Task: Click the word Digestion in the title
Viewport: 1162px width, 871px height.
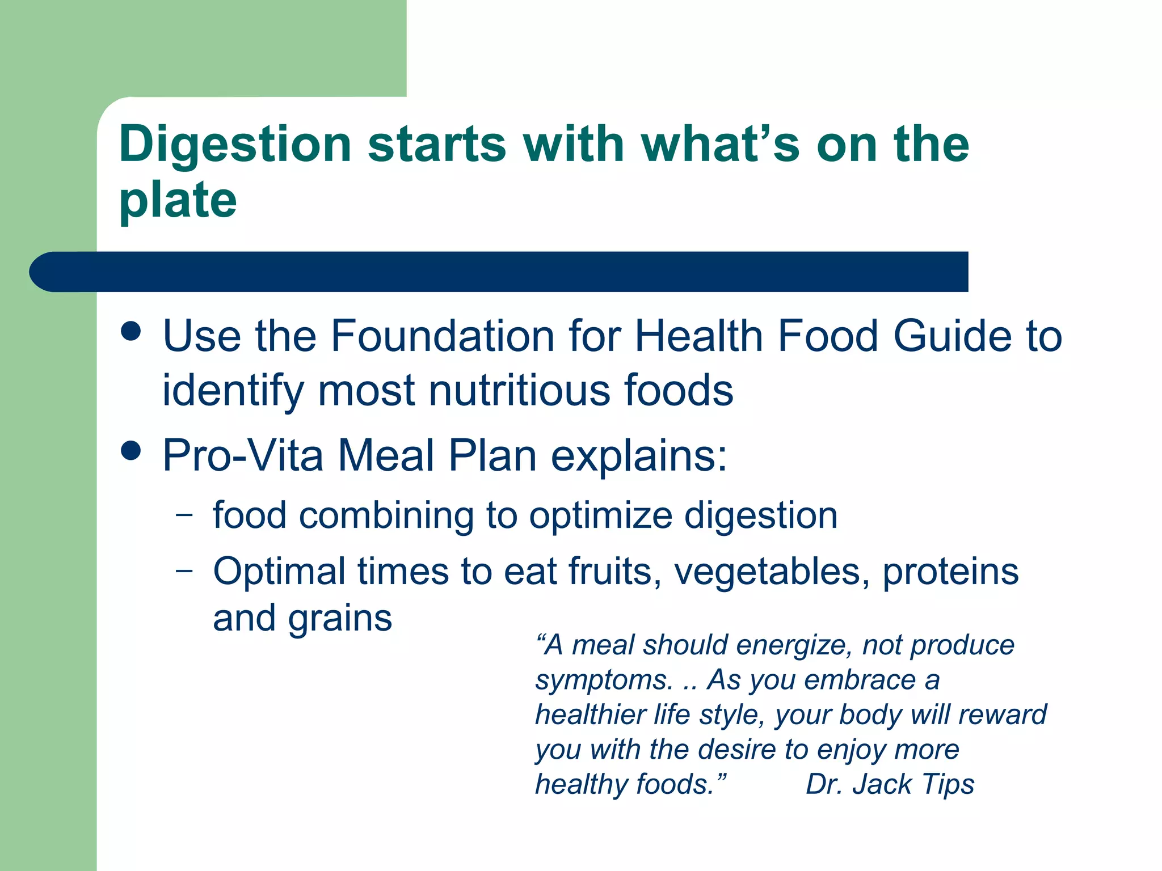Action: [235, 145]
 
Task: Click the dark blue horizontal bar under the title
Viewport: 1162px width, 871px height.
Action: [499, 272]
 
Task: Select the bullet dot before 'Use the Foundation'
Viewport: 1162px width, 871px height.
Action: [131, 331]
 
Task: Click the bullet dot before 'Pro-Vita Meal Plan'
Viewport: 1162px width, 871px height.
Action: [131, 451]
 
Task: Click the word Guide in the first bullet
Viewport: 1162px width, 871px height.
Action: [952, 336]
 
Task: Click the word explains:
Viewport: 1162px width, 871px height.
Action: [639, 456]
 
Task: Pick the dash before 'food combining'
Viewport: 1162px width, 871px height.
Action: [184, 515]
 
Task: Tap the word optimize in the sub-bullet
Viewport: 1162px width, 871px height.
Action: [599, 516]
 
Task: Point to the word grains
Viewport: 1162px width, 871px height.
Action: [340, 619]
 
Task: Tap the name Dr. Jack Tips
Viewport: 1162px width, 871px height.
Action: [890, 785]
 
